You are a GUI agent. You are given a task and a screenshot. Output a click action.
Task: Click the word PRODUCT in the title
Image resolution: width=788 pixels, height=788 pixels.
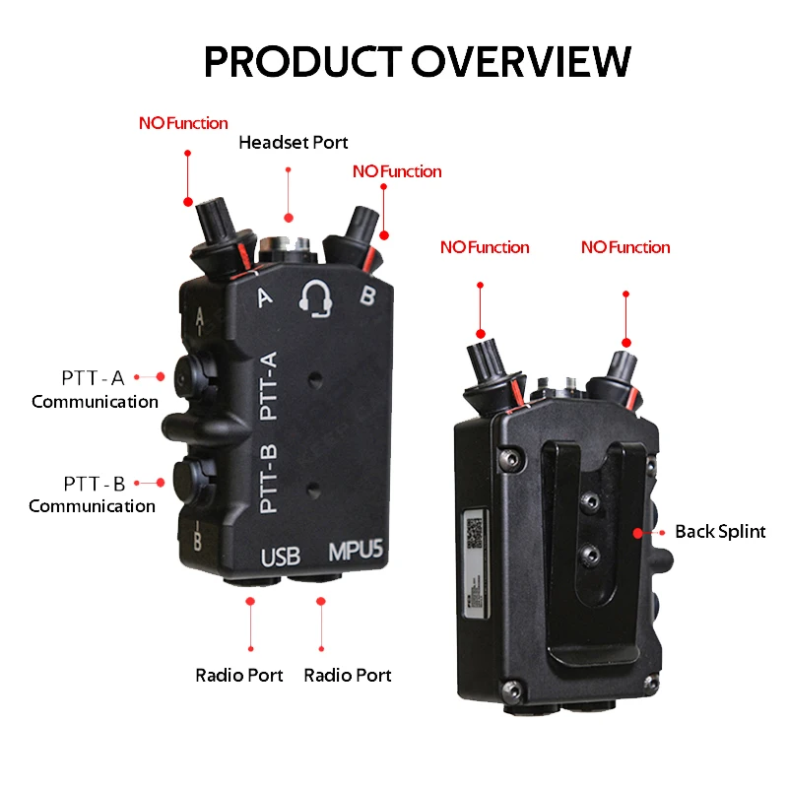303,61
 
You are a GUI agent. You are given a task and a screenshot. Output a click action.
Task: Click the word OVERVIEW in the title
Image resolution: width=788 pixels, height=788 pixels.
521,61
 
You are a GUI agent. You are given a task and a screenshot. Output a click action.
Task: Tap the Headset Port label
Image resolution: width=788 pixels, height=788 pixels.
294,143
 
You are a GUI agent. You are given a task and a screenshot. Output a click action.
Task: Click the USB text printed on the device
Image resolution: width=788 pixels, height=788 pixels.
281,557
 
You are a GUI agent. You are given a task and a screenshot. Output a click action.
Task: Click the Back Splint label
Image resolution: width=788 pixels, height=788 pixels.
720,532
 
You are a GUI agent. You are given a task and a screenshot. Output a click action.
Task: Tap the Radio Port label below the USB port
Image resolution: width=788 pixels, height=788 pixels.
239,676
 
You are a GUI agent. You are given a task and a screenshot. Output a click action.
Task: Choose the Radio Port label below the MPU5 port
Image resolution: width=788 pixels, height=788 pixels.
348,676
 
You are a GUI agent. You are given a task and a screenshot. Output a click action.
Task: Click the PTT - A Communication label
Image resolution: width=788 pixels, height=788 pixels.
95,389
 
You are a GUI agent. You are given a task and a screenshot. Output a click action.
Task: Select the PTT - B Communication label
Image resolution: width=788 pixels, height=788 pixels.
93,494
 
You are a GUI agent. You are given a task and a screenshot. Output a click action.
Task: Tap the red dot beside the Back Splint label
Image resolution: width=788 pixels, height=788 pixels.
638,532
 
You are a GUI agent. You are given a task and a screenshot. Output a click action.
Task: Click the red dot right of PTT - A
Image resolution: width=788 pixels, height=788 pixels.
161,376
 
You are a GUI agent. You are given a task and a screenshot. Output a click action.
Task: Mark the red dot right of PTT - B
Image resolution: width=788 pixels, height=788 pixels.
161,483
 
